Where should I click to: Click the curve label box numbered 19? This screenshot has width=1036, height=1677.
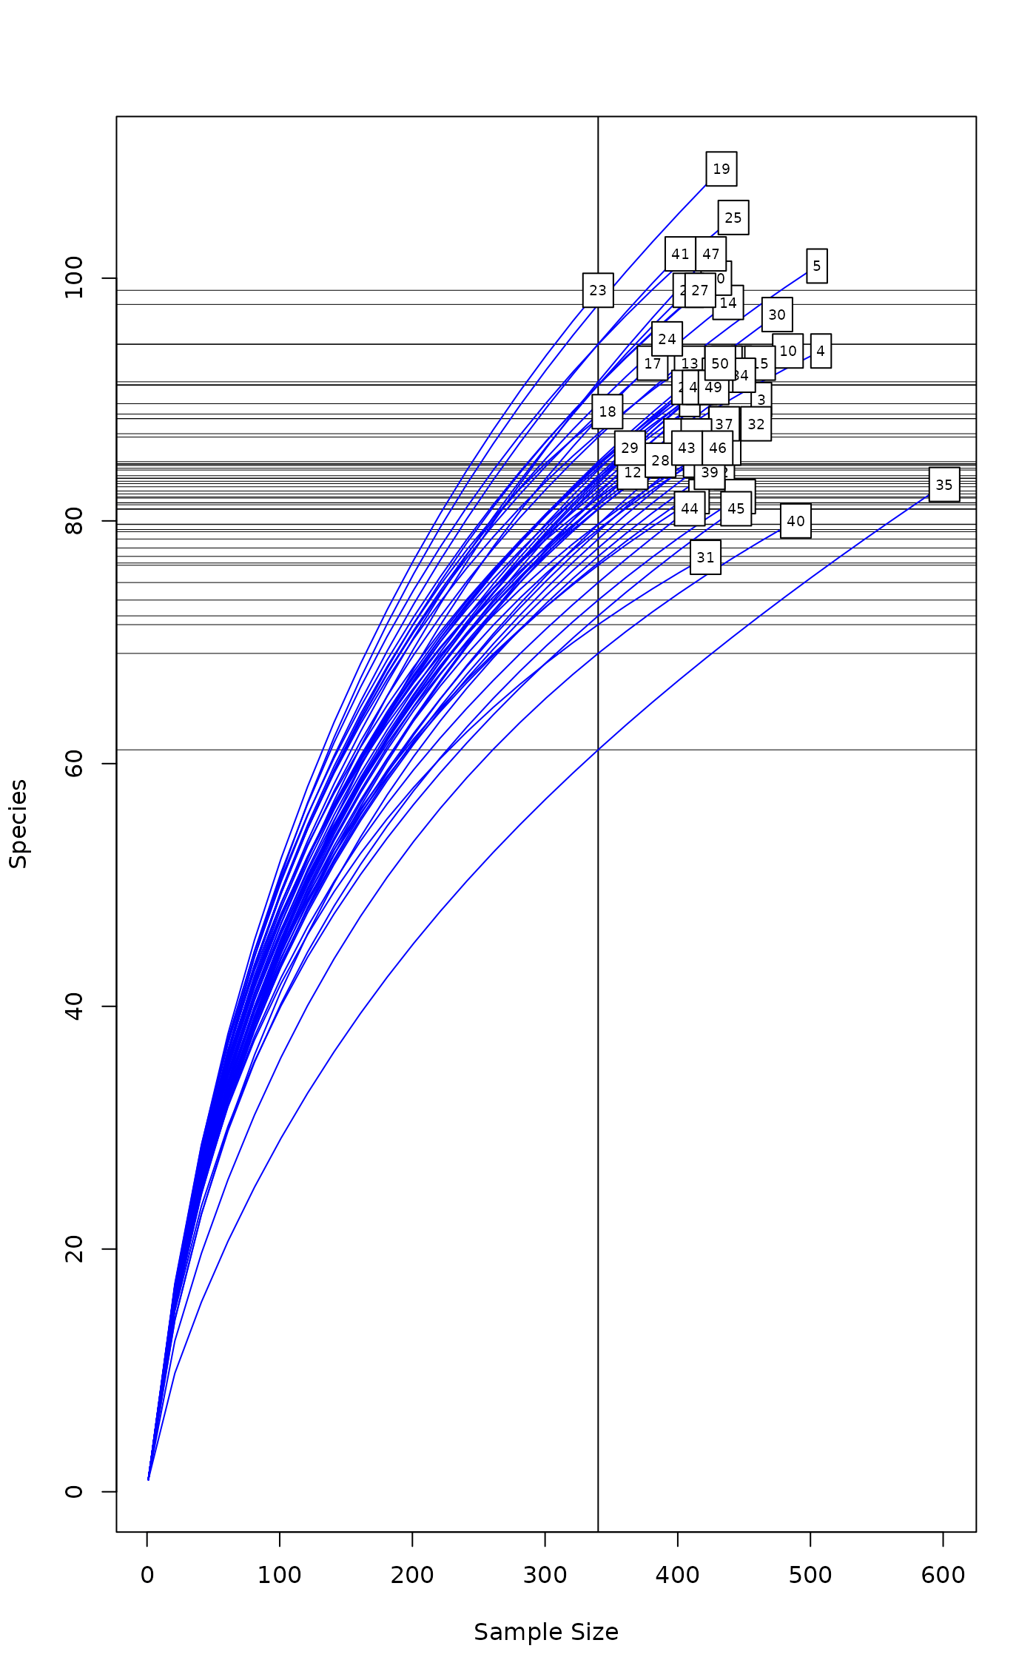[x=721, y=169]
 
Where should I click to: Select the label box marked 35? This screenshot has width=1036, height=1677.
[x=943, y=485]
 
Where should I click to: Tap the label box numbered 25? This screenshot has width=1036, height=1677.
[x=733, y=218]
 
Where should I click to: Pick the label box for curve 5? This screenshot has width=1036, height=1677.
[x=816, y=266]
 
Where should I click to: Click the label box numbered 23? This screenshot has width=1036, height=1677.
[x=597, y=290]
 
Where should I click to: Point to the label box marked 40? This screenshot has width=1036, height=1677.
[x=795, y=521]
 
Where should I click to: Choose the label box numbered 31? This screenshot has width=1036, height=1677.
[x=705, y=557]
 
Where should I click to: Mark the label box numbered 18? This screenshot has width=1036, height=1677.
[x=607, y=411]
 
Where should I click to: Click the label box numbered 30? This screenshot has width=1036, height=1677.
[x=776, y=315]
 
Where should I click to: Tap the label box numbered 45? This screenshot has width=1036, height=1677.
[x=736, y=508]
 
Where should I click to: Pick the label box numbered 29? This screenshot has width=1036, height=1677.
[x=629, y=448]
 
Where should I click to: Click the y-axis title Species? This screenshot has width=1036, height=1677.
[x=18, y=823]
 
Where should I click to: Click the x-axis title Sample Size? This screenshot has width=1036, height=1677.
[x=546, y=1631]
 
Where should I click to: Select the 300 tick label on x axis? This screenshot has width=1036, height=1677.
[x=545, y=1575]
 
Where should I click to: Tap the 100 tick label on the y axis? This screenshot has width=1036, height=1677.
[x=74, y=278]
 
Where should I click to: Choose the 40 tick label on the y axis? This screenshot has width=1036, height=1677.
[x=74, y=1006]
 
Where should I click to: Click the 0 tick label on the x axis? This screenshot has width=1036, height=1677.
[x=147, y=1575]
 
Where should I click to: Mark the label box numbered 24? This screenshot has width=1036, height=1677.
[x=667, y=339]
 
